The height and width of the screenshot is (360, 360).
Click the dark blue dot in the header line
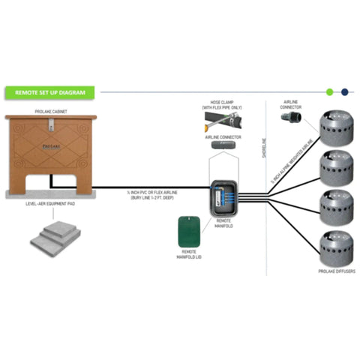click(344, 92)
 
